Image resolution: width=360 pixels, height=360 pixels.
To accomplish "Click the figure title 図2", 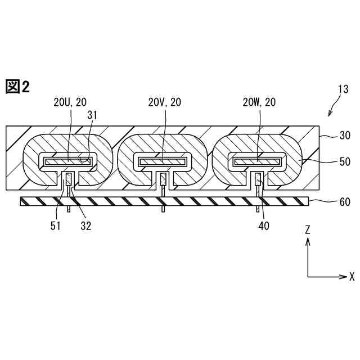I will click(17, 87).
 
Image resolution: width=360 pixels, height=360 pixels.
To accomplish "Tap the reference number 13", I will click(343, 89).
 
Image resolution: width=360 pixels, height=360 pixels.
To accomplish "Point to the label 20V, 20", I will click(165, 102).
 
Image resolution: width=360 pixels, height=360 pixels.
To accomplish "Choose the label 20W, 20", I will click(259, 102).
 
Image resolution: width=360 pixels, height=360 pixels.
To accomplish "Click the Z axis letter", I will click(308, 231).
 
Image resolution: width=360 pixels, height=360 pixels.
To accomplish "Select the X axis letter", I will click(352, 277).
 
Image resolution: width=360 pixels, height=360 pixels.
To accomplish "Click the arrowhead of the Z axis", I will click(308, 241).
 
